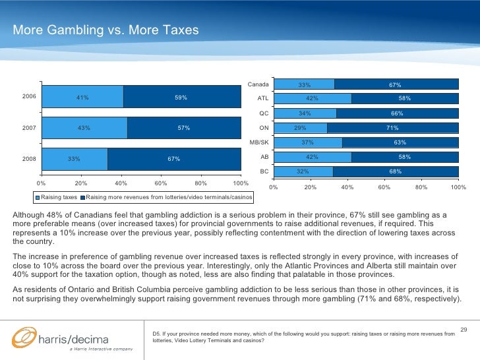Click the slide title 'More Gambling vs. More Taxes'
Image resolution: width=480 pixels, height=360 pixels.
105,31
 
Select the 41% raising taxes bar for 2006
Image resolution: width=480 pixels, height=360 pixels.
82,97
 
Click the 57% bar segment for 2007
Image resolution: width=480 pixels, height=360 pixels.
184,128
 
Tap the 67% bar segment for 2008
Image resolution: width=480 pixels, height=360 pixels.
174,159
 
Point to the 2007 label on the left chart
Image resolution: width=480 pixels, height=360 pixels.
29,127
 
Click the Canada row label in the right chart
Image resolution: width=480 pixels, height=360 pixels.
258,84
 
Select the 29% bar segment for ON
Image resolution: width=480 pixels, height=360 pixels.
300,128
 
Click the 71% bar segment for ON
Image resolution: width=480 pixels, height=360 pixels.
392,128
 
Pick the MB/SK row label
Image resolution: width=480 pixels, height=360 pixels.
258,142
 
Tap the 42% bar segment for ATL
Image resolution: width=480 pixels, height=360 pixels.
312,99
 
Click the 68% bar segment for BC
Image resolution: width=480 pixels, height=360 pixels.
396,171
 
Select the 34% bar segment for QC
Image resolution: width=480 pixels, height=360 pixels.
305,113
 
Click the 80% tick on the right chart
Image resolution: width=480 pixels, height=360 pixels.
421,187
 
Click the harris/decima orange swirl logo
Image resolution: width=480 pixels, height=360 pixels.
23,338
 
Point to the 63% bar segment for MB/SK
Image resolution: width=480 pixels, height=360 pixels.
400,142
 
